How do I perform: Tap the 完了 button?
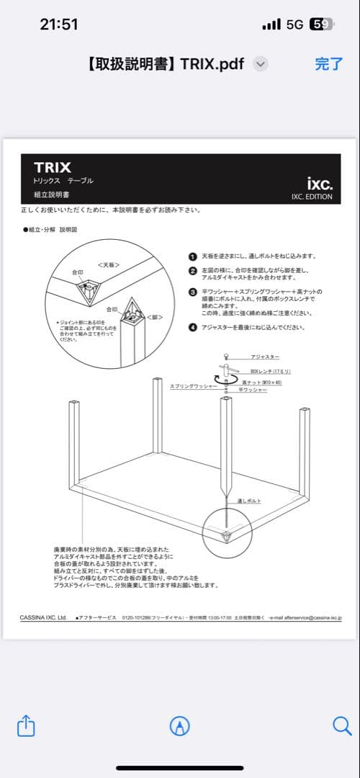pyautogui.click(x=329, y=63)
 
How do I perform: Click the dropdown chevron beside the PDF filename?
pyautogui.click(x=261, y=63)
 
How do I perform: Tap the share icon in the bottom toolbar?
pyautogui.click(x=26, y=725)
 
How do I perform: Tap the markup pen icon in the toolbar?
pyautogui.click(x=179, y=725)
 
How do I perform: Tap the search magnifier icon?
pyautogui.click(x=341, y=725)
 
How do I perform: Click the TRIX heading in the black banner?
pyautogui.click(x=52, y=168)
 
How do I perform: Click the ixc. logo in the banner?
pyautogui.click(x=320, y=184)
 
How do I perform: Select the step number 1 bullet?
pyautogui.click(x=192, y=256)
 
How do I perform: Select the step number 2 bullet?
pyautogui.click(x=192, y=271)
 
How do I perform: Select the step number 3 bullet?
pyautogui.click(x=192, y=292)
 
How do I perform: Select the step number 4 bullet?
pyautogui.click(x=192, y=327)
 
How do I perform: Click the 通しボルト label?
pyautogui.click(x=249, y=501)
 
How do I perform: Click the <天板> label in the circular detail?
pyautogui.click(x=108, y=265)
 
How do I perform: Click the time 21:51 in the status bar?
pyautogui.click(x=58, y=24)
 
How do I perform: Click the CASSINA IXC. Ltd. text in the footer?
pyautogui.click(x=43, y=617)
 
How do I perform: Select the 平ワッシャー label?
pyautogui.click(x=253, y=390)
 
